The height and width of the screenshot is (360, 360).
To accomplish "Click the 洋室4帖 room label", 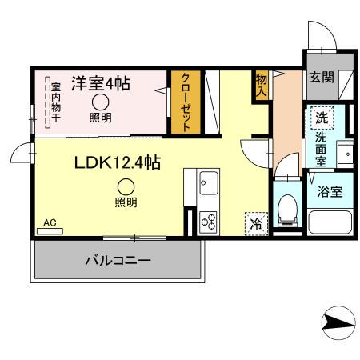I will tap(101, 82).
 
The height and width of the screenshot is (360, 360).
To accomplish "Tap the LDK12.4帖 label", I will tap(118, 163).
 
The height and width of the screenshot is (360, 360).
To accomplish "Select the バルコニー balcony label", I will tap(117, 260).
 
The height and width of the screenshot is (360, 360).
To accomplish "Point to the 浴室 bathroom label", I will tap(329, 191).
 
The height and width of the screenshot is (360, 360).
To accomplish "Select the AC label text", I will tap(50, 222).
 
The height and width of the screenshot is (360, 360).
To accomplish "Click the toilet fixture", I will tap(286, 210).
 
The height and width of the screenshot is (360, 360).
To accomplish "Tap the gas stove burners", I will tap(208, 220).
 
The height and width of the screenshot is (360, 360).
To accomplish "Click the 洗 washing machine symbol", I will tap(321, 118).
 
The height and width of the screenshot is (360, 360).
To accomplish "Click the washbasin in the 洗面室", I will tap(344, 152).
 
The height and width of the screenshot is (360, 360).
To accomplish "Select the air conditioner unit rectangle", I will tap(50, 231).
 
